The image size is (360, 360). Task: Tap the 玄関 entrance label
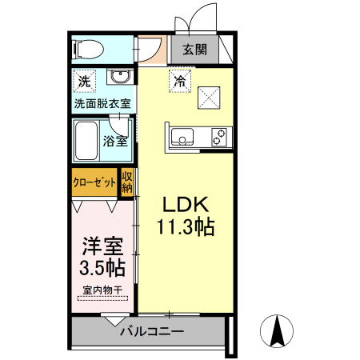194,50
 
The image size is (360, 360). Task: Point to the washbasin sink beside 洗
121,78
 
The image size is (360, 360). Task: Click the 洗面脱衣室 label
103,103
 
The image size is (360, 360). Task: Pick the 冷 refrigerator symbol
181,81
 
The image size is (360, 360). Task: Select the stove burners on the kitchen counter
218,138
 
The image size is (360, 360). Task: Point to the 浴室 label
115,142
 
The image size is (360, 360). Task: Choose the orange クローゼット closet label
94,182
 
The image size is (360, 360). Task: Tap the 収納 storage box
127,182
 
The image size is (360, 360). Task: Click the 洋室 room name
101,245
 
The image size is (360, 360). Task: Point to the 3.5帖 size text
101,266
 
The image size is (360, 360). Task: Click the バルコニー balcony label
152,330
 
